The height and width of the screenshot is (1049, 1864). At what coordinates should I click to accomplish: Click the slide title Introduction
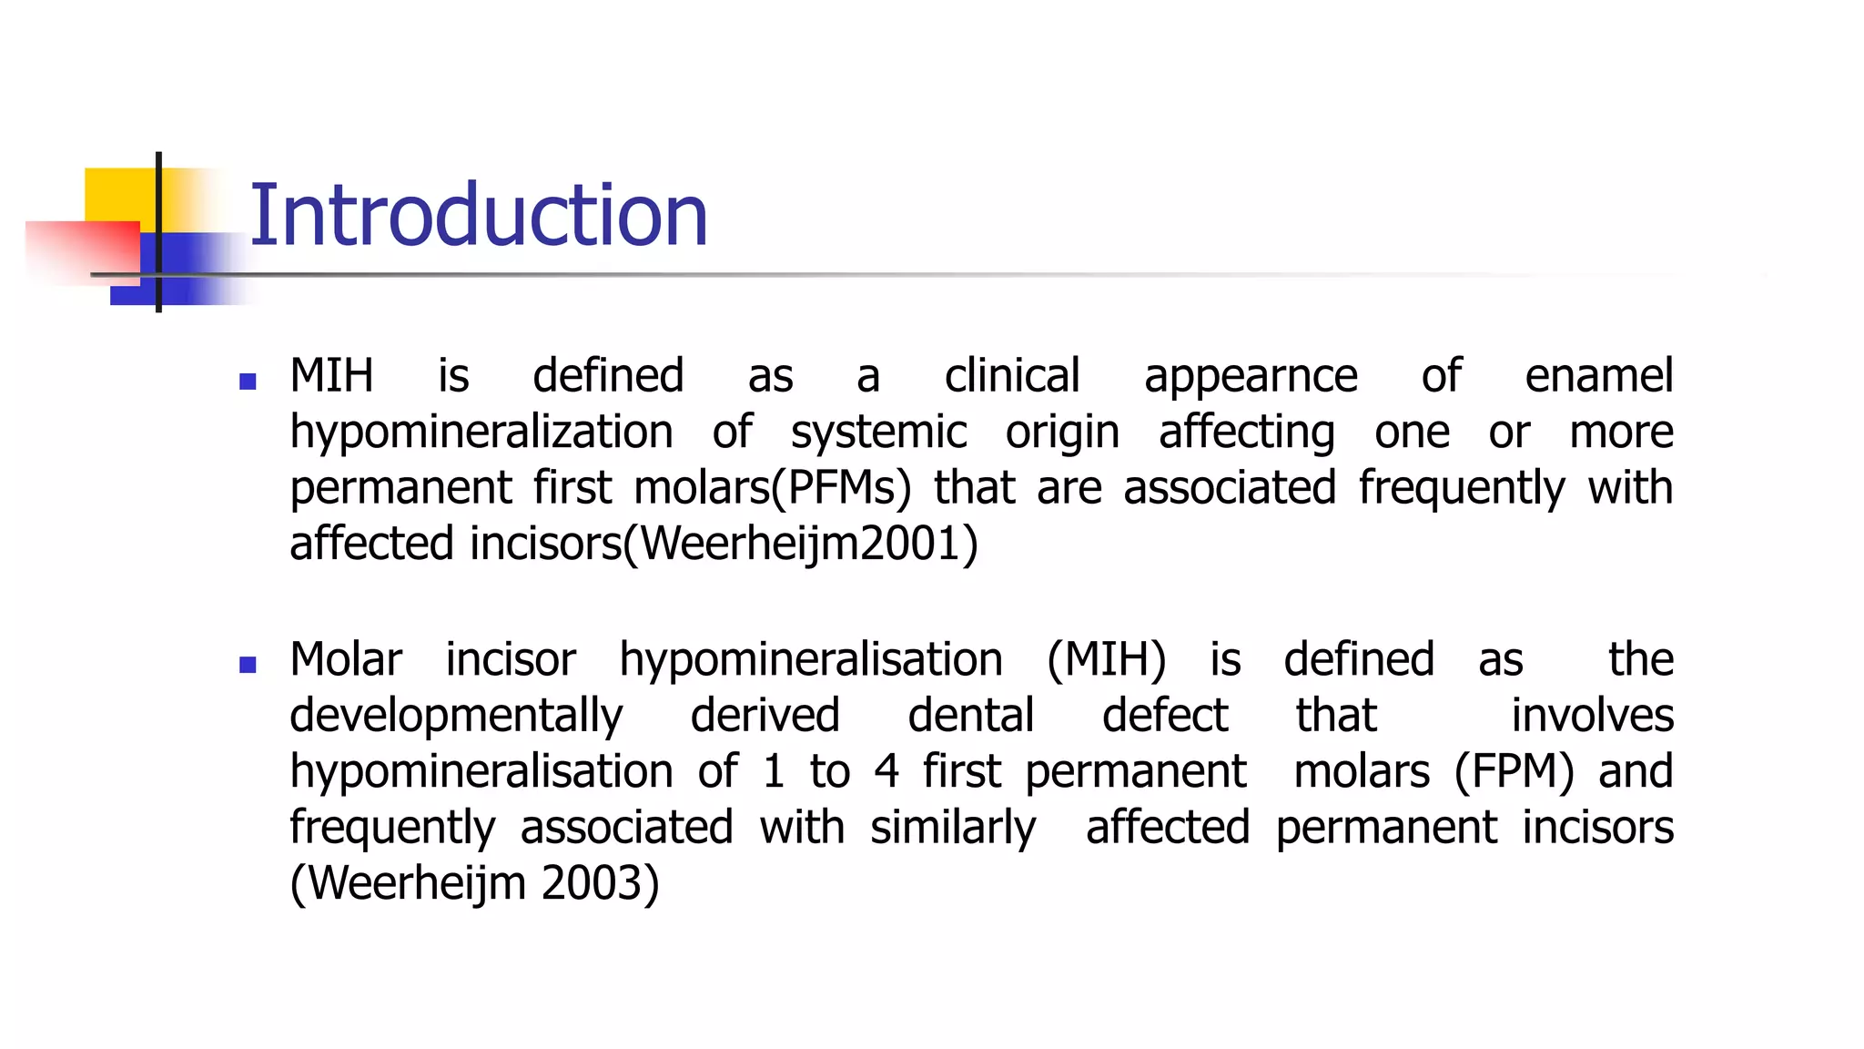[478, 216]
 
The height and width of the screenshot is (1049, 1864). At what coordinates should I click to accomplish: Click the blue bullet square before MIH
[248, 382]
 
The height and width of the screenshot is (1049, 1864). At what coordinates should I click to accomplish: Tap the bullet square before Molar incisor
[248, 665]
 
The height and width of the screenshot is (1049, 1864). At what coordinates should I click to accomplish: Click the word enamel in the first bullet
[1598, 376]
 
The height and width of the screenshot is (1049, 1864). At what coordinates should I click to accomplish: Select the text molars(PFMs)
[772, 489]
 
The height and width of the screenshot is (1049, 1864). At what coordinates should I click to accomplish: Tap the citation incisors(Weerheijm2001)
[724, 545]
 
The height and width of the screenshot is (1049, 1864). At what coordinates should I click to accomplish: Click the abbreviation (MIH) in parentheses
[1106, 660]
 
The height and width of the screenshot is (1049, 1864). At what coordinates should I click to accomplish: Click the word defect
[1165, 716]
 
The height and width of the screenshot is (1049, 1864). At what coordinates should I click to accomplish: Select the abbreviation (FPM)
[1514, 772]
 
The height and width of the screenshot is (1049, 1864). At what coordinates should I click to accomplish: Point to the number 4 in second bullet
[886, 772]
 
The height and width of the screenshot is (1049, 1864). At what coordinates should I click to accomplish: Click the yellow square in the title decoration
[118, 194]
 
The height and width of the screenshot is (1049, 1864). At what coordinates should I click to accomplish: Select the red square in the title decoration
[82, 252]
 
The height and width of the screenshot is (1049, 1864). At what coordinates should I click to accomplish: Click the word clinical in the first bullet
[1012, 376]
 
